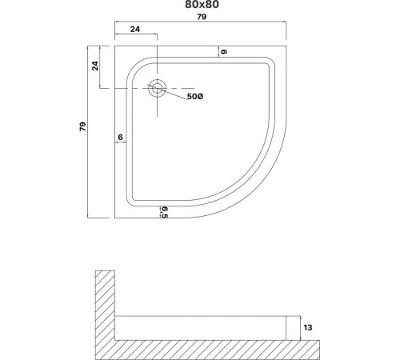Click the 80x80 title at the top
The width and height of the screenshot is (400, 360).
point(202,5)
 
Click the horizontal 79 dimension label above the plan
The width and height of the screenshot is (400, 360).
point(202,17)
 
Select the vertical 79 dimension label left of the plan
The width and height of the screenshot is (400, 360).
point(83,126)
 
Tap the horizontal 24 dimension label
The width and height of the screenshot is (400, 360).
point(135,29)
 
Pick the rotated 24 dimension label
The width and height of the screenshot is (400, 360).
point(95,66)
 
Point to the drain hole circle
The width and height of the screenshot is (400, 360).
point(158,88)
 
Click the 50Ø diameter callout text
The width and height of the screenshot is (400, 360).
point(195,97)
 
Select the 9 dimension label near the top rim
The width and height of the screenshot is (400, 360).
point(224,52)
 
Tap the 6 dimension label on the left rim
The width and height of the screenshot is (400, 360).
point(120,137)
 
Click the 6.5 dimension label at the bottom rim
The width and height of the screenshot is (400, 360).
point(165,212)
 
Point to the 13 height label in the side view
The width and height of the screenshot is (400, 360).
point(308,327)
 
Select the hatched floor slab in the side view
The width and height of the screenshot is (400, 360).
point(207,350)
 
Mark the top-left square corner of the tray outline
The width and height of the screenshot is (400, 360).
point(115,46)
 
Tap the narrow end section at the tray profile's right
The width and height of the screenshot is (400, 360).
point(293,328)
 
